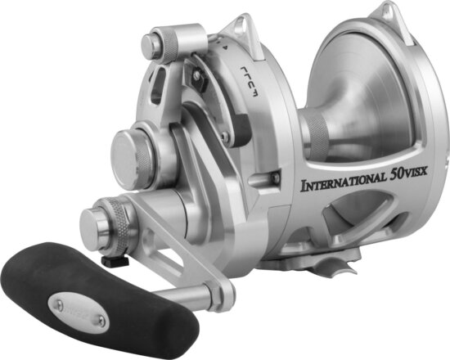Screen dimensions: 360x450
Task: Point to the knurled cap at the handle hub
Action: coord(110,216)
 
